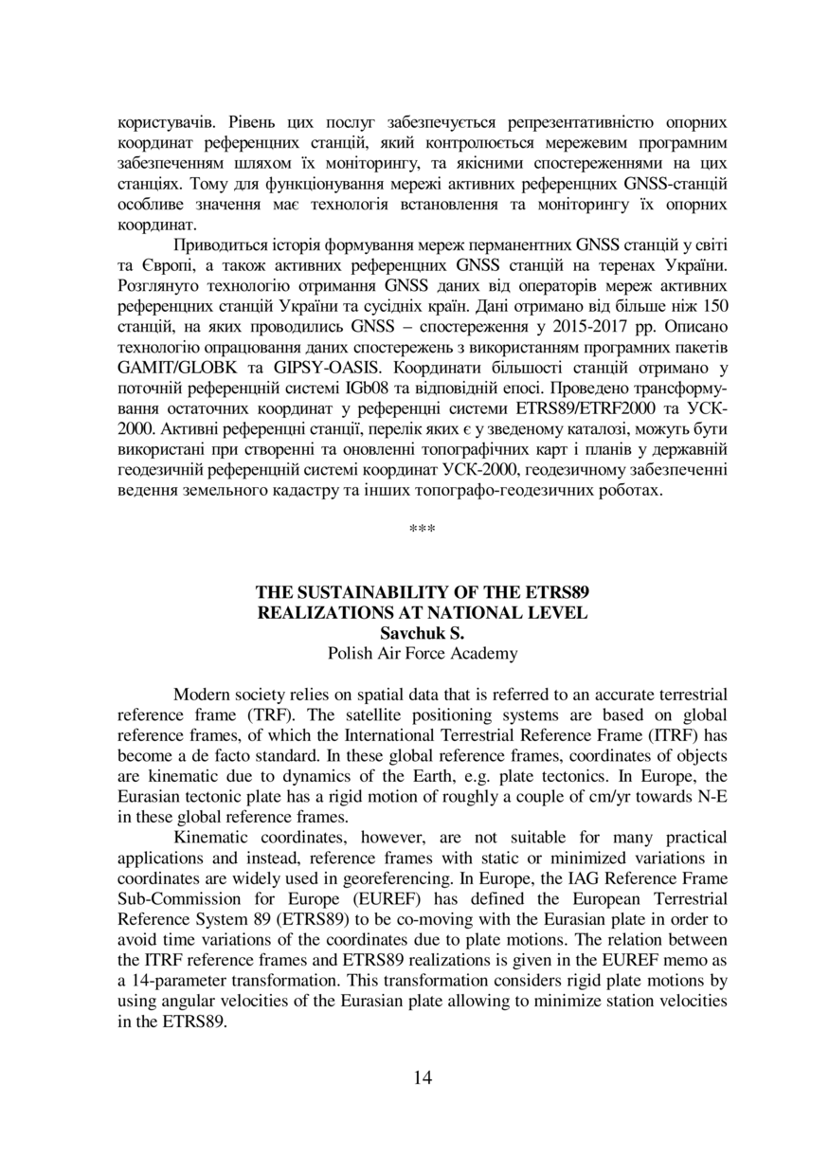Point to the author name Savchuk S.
click(x=423, y=633)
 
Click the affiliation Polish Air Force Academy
click(x=423, y=653)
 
